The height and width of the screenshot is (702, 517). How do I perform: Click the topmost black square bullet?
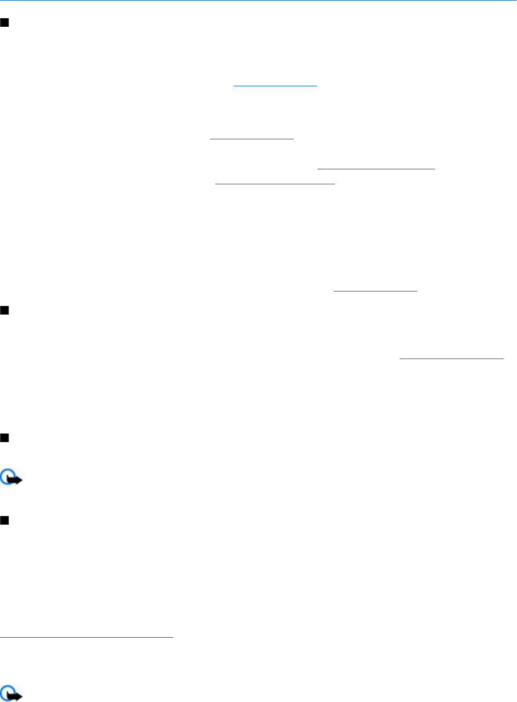pos(4,23)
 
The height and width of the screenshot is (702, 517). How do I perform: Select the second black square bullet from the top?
pos(4,310)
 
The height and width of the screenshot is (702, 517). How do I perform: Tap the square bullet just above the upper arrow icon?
pos(4,438)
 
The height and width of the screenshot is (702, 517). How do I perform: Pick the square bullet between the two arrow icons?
pos(4,520)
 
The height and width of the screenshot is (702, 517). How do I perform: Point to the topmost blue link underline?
pos(275,85)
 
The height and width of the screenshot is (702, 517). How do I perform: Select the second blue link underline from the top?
pos(252,139)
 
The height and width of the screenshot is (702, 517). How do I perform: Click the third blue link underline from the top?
pos(376,169)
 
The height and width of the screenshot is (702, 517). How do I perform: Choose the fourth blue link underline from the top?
pos(275,184)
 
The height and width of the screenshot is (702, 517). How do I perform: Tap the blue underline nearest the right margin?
pos(452,358)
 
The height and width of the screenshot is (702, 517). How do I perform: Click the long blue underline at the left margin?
pos(87,637)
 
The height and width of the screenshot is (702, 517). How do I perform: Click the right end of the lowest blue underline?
pos(173,637)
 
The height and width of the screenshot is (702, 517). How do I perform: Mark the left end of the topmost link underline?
pos(235,85)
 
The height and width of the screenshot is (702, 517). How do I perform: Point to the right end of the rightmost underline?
pos(503,358)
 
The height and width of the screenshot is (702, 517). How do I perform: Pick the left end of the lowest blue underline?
pos(1,637)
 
